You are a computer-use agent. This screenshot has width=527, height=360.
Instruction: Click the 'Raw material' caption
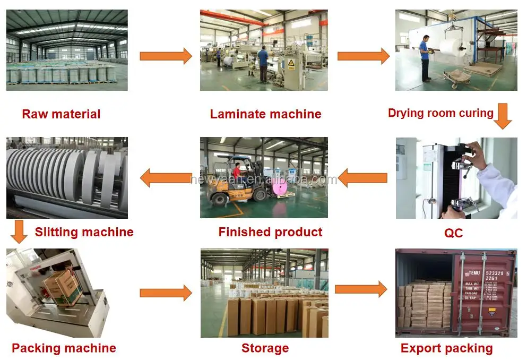pos(61,114)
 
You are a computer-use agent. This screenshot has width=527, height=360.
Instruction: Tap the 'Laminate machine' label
pos(265,114)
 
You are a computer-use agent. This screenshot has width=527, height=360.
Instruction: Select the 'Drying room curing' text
pos(440,113)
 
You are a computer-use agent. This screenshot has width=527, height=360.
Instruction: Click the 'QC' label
pos(453,233)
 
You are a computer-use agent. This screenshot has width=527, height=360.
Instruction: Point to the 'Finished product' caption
pos(270,232)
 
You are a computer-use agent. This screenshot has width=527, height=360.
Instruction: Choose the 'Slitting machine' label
pos(84,232)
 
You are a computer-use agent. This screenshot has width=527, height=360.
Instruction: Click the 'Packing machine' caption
pos(64,348)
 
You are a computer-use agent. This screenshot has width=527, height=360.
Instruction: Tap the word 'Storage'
pos(265,348)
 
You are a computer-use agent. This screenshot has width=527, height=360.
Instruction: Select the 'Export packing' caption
pos(446,348)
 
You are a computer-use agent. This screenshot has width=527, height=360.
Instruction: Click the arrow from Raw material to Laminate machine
pos(165,56)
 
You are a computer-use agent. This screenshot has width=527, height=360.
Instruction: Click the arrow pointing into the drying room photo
pos(363,56)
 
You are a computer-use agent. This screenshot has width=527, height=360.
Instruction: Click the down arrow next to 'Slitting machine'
pos(19,232)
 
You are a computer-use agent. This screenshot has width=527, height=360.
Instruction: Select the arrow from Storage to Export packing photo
pos(361,290)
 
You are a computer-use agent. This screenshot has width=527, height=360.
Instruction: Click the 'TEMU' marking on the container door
pos(474,273)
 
